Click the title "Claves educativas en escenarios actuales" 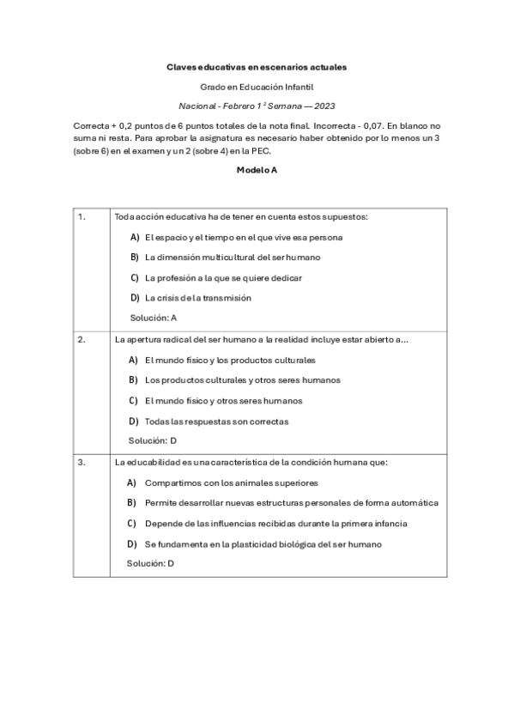coord(257,66)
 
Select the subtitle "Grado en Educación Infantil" coord(257,87)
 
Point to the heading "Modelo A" coord(257,170)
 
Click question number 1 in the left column coord(82,216)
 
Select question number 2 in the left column coord(82,339)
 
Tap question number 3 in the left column coord(82,462)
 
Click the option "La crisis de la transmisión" coord(197,298)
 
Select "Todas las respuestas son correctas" coord(216,422)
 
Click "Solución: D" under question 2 coord(153,441)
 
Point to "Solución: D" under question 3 coord(151,564)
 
